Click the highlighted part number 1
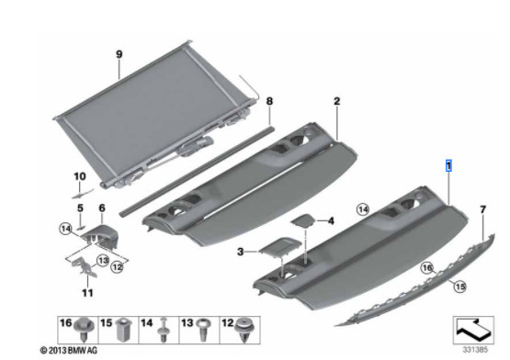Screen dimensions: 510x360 coord(448,166)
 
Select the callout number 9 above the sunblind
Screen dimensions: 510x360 coord(119,54)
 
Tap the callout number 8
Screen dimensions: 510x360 coord(269,101)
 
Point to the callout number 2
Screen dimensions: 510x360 coord(337,101)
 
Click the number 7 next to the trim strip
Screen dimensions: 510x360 coord(483,209)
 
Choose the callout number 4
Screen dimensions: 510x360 coord(331,221)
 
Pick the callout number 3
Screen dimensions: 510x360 coord(241,252)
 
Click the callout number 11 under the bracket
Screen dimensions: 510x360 coord(87,293)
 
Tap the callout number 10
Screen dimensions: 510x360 coord(80,176)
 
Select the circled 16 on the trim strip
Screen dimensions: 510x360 coord(427,268)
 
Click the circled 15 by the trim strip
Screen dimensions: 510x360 coord(459,287)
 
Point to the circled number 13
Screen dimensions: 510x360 coord(103,260)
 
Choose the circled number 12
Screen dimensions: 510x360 coord(117,267)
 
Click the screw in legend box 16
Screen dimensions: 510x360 coord(85,329)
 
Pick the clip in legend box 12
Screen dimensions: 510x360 coord(245,329)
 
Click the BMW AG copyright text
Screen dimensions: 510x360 coord(68,350)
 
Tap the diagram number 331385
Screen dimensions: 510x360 coord(475,350)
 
